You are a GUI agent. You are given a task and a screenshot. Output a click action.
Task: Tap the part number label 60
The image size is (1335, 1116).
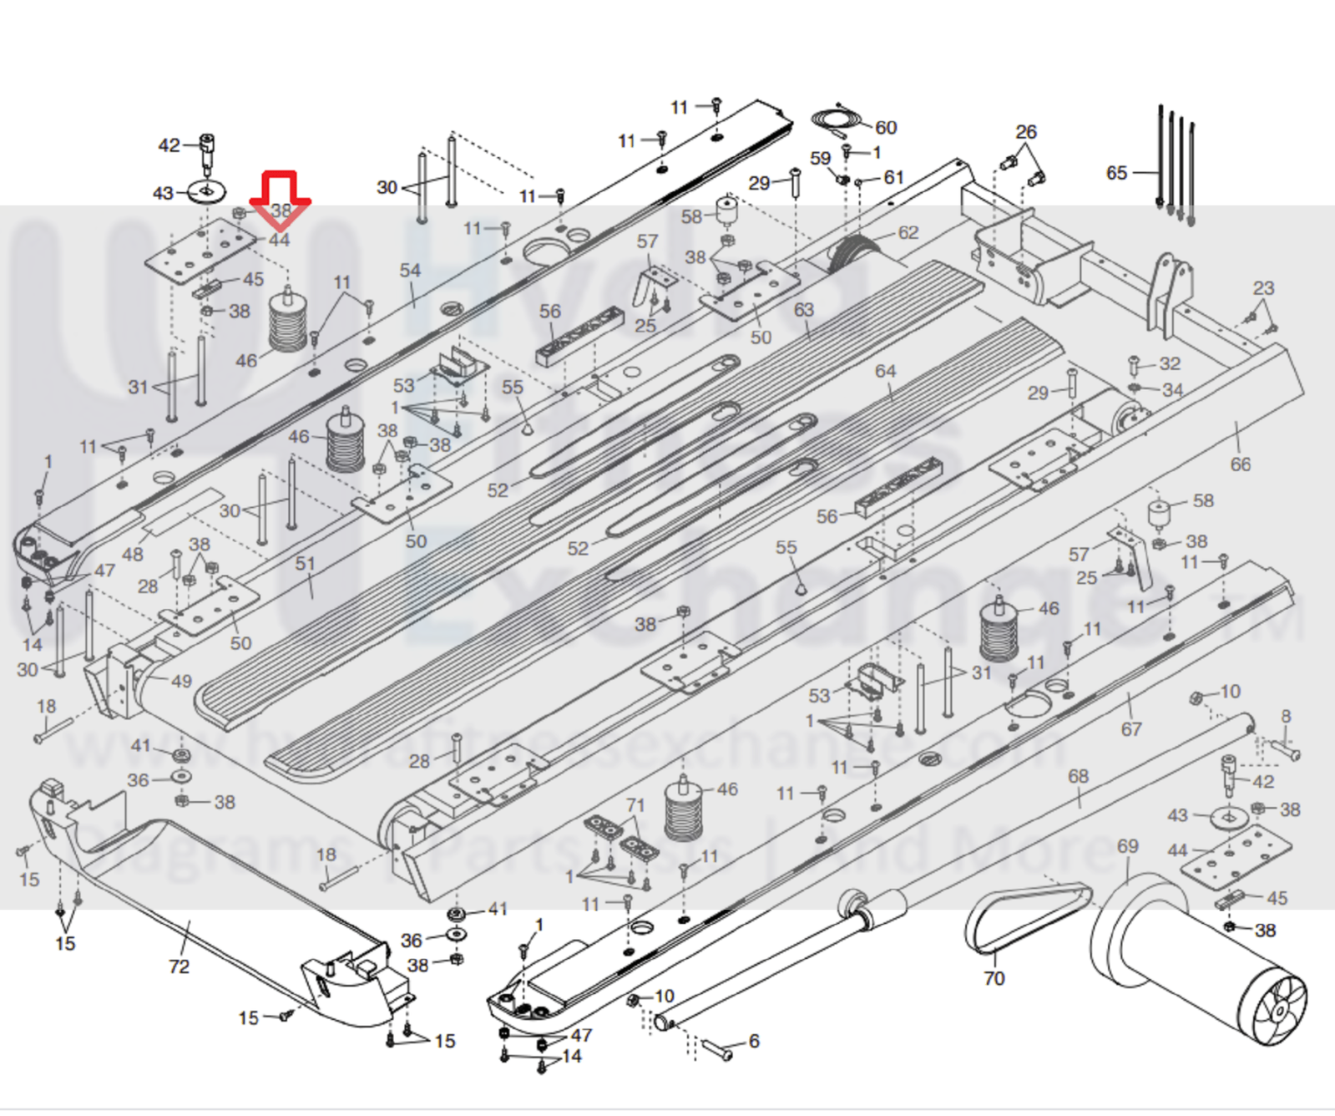tap(886, 128)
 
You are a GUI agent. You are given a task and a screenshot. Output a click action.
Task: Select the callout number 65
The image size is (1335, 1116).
tap(1116, 173)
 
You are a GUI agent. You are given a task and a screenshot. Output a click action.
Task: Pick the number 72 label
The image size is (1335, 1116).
tap(179, 966)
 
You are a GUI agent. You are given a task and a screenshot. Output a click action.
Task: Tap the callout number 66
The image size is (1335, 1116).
tap(1240, 464)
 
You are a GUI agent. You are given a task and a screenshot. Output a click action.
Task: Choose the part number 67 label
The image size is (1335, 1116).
tap(1130, 729)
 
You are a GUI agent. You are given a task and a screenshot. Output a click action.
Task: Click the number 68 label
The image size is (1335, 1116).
tap(1078, 776)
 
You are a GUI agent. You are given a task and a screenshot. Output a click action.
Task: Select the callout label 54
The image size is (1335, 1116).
tap(410, 271)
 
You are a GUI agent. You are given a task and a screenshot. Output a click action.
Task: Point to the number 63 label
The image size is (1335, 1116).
tap(803, 310)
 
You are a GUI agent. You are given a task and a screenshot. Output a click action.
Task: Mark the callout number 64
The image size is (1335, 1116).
tap(885, 371)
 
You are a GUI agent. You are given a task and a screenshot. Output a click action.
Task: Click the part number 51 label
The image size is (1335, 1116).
tap(306, 564)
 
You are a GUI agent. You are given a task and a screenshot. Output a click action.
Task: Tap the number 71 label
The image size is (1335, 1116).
tap(635, 804)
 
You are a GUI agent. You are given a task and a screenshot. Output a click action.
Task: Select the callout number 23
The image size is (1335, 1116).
tap(1263, 288)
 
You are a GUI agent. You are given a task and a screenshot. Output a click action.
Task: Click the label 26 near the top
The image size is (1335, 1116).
tap(1026, 132)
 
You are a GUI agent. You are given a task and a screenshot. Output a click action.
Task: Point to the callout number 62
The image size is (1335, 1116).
tap(908, 233)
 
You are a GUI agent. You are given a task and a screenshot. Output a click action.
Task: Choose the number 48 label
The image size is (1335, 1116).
tap(133, 555)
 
